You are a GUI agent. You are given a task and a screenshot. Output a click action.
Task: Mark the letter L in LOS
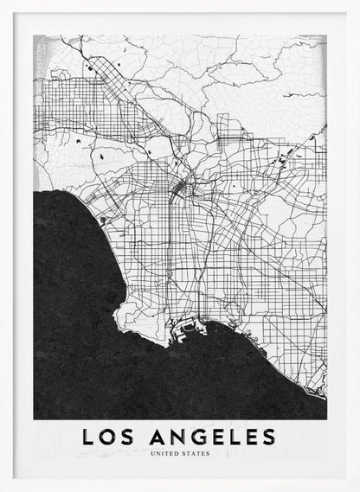click(x=88, y=438)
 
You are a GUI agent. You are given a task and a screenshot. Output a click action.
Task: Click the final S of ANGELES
click(x=268, y=438)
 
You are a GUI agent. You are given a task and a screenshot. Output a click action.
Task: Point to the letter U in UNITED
click(x=152, y=453)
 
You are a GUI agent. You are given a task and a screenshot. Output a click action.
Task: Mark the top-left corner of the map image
click(x=34, y=35)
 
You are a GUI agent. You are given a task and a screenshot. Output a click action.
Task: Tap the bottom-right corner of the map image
click(x=326, y=419)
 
